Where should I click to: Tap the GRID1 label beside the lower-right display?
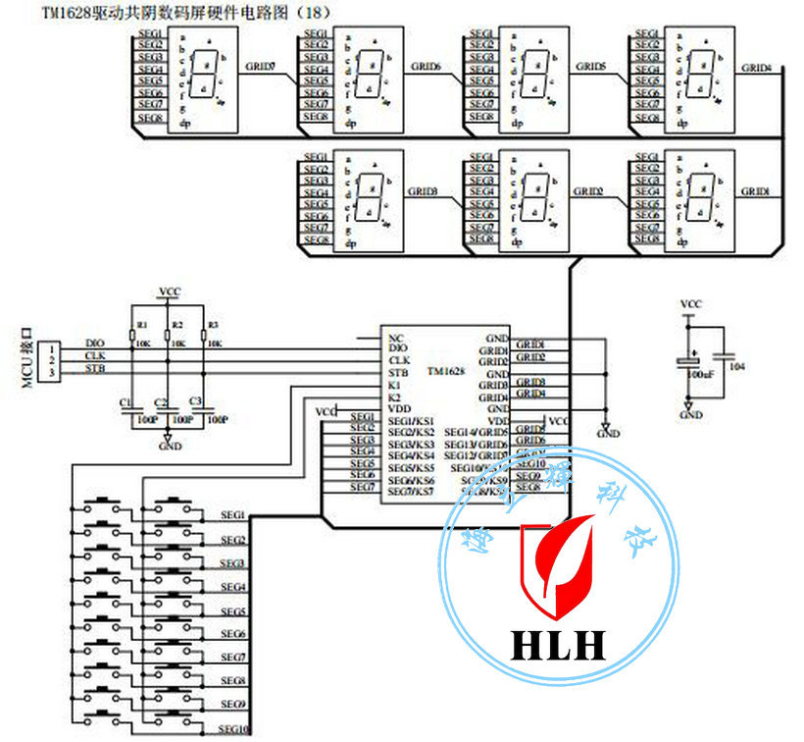(x=755, y=191)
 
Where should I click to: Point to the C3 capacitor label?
(x=194, y=402)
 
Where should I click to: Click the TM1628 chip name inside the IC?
(x=446, y=373)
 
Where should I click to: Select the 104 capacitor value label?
(x=737, y=365)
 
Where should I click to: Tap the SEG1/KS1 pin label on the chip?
(x=411, y=420)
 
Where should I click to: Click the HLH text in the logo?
(x=558, y=644)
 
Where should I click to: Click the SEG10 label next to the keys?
(x=234, y=729)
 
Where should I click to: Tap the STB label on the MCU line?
(x=95, y=369)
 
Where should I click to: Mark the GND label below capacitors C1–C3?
(x=170, y=446)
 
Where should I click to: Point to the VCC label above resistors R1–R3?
(x=169, y=291)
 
